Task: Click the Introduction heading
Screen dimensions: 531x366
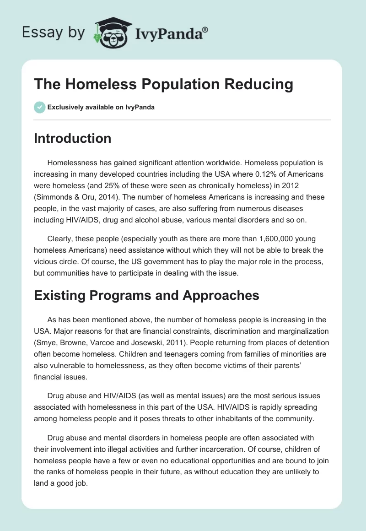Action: [x=72, y=138]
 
